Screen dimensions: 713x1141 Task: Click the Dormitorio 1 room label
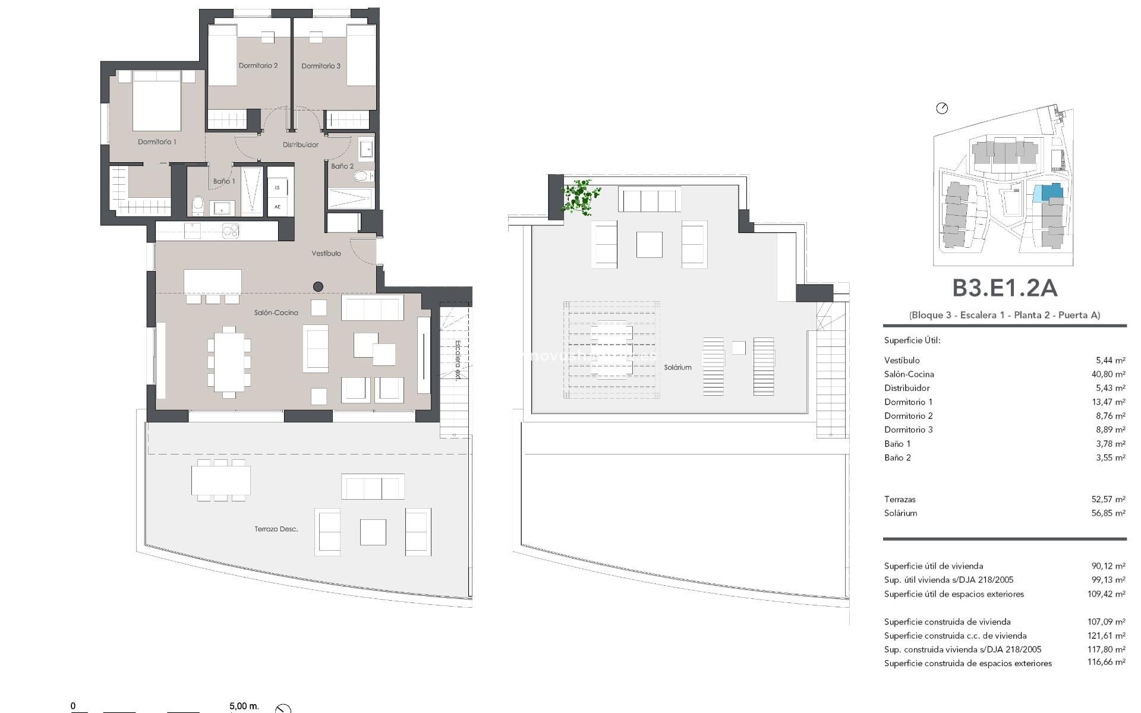[157, 142]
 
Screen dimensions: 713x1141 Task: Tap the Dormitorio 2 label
[258, 66]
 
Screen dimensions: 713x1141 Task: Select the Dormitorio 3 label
[321, 66]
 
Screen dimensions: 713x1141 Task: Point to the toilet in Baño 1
[198, 206]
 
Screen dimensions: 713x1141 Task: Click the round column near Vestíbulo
[318, 287]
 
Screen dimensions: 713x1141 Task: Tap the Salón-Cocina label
[276, 313]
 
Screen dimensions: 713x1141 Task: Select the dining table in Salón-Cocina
[229, 361]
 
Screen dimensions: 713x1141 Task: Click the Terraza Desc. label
[276, 529]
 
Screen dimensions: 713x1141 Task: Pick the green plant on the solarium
[580, 197]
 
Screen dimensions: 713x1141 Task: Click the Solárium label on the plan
[677, 367]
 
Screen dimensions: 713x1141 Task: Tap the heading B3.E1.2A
[1004, 288]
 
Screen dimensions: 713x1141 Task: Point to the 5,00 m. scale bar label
[244, 706]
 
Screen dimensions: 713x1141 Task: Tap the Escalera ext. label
[458, 359]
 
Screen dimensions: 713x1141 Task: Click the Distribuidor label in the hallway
[300, 144]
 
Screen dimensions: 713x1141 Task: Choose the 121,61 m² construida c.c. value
[1106, 636]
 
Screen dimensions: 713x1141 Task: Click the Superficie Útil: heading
[912, 340]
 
